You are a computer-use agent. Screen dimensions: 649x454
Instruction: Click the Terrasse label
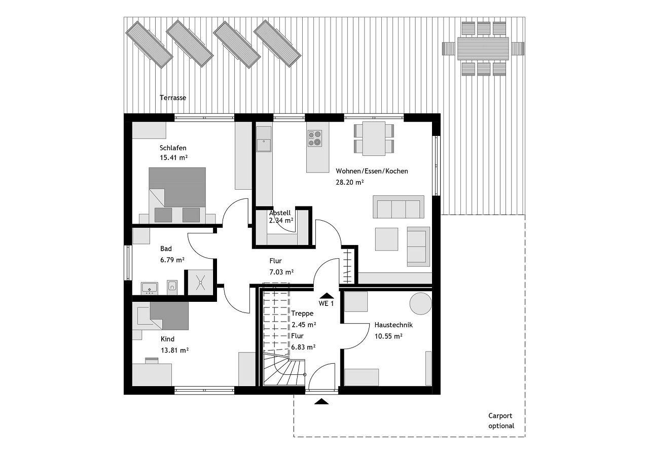click(173, 98)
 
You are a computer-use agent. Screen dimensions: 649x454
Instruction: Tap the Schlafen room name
click(173, 148)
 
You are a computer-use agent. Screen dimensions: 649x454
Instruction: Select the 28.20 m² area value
click(350, 182)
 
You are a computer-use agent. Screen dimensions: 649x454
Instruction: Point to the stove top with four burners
click(315, 138)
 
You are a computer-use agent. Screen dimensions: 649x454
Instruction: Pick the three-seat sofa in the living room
click(399, 206)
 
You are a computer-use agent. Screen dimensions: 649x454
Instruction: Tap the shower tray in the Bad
click(200, 283)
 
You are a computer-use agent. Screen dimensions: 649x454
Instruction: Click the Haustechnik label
click(393, 325)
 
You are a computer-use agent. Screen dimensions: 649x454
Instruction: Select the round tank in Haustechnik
click(421, 303)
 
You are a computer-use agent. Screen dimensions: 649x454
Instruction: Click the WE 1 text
click(326, 303)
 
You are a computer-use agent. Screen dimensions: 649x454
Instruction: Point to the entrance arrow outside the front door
click(321, 402)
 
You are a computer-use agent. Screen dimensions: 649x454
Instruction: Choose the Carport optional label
click(501, 421)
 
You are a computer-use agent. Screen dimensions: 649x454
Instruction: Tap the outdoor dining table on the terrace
click(483, 48)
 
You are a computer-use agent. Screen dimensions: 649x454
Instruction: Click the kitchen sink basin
click(264, 145)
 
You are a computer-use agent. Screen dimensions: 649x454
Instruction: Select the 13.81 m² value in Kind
click(175, 350)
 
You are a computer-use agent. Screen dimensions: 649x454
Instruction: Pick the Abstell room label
click(279, 213)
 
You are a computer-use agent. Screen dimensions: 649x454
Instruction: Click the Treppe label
click(302, 313)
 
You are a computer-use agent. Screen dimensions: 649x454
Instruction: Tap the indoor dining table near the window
click(374, 138)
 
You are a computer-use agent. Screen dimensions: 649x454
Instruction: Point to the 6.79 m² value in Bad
click(172, 260)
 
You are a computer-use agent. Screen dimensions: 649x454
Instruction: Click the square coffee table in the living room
click(386, 239)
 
